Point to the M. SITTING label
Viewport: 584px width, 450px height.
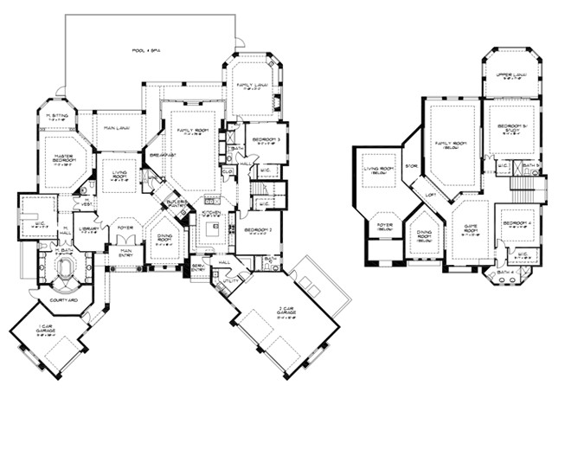57,116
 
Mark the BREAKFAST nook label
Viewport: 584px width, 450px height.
162,154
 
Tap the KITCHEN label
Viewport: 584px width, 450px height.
211,212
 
